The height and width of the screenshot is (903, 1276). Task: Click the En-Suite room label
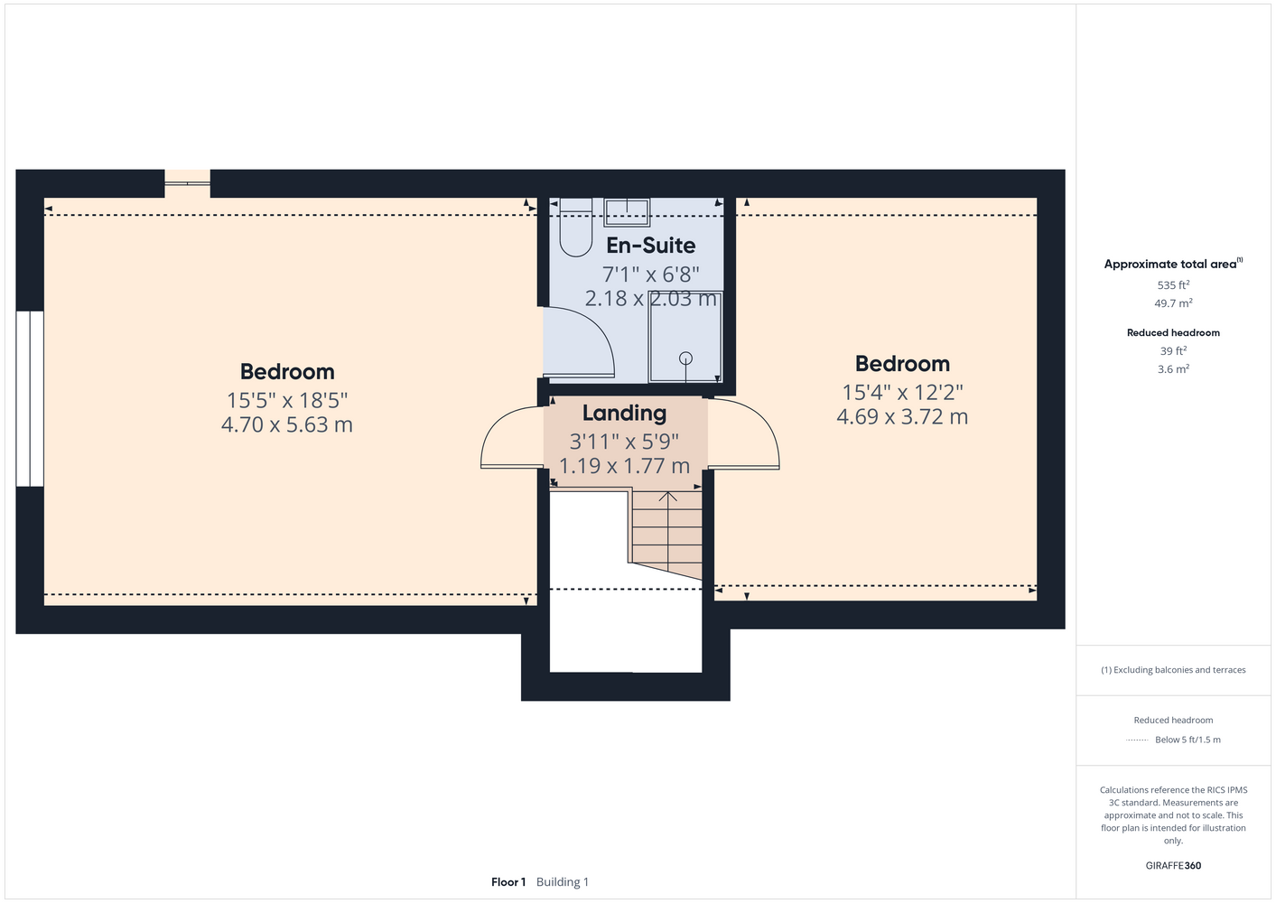650,246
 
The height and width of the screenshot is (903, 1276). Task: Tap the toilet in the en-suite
576,227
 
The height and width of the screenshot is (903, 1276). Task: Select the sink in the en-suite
627,212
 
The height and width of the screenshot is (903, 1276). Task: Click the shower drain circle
685,358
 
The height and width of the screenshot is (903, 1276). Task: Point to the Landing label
624,413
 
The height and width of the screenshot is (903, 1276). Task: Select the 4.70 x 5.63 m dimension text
287,424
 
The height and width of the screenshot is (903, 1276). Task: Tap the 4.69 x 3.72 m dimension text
902,416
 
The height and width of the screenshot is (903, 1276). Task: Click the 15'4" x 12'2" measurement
902,392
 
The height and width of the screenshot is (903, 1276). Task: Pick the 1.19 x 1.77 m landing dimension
624,466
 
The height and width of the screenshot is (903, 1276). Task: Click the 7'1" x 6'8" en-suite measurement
650,275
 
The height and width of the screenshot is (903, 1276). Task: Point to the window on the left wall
30,399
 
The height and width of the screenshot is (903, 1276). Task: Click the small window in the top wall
188,183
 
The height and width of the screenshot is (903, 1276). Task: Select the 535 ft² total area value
1173,284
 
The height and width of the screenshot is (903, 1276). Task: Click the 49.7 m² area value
1173,303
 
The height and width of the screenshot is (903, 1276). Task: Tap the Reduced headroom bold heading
1173,332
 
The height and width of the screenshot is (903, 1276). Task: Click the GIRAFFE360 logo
1173,865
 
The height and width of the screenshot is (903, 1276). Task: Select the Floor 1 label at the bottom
508,882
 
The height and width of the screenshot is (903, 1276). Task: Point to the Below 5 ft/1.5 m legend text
1188,740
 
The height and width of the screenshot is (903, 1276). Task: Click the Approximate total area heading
1173,264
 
